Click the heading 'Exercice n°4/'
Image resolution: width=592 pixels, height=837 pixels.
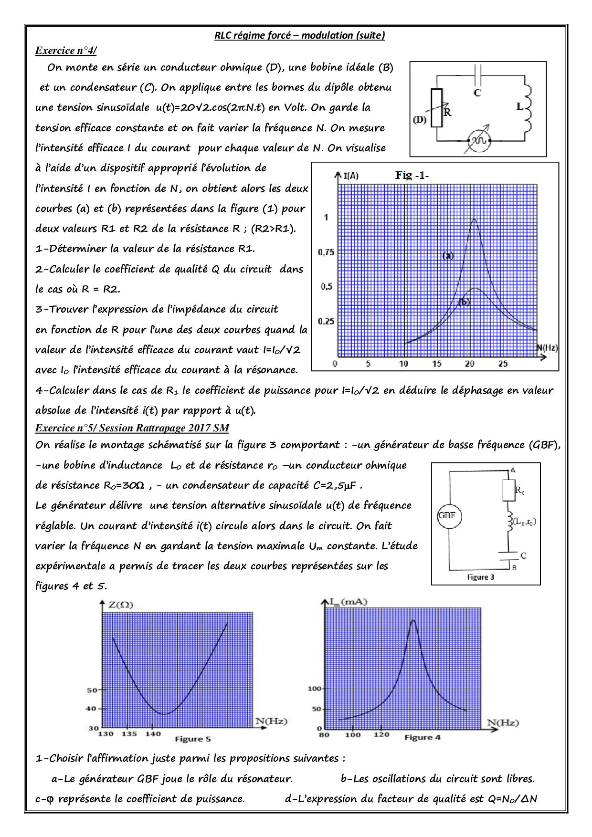click(66, 51)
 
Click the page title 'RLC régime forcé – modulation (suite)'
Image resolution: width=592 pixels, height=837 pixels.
click(299, 35)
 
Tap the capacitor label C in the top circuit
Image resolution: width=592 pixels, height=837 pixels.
click(477, 93)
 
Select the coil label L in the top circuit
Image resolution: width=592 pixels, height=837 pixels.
click(520, 106)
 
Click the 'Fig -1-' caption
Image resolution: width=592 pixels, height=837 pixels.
click(412, 175)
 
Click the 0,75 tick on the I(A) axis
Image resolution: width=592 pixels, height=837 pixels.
click(326, 252)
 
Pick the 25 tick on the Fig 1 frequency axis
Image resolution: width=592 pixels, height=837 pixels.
click(503, 364)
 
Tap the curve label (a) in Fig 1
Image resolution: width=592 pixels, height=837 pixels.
click(448, 255)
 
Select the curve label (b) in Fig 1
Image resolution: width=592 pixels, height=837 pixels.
click(464, 302)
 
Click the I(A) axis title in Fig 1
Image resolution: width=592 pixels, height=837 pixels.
click(351, 176)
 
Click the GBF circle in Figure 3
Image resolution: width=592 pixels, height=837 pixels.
click(447, 515)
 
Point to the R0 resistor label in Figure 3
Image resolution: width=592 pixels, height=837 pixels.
click(520, 490)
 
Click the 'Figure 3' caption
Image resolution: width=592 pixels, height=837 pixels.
click(480, 577)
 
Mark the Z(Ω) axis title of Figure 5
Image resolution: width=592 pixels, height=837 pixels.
click(121, 605)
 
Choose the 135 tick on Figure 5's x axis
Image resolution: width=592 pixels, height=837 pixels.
click(129, 733)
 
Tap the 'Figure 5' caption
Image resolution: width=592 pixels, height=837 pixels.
click(192, 739)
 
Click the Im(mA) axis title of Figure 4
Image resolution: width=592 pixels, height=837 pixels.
click(350, 602)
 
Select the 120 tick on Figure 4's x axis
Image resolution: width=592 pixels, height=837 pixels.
click(381, 734)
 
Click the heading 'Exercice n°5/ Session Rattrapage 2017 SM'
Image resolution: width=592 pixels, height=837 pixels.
click(132, 428)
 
